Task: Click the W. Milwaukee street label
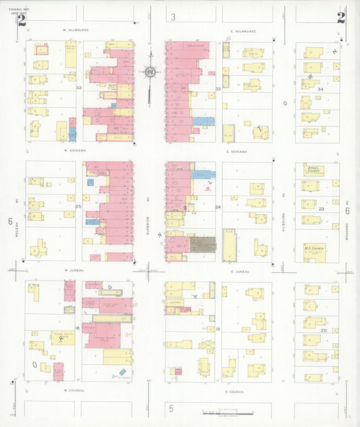tap(76, 30)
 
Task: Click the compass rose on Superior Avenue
tap(149, 72)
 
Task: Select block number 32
tap(79, 88)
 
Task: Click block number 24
tap(217, 207)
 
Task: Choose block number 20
tap(324, 330)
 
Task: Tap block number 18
tap(78, 328)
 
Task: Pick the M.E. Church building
tap(315, 252)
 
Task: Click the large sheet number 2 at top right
tap(340, 18)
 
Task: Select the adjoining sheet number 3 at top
tap(174, 17)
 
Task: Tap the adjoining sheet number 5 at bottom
tap(172, 408)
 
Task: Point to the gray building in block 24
tap(203, 244)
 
